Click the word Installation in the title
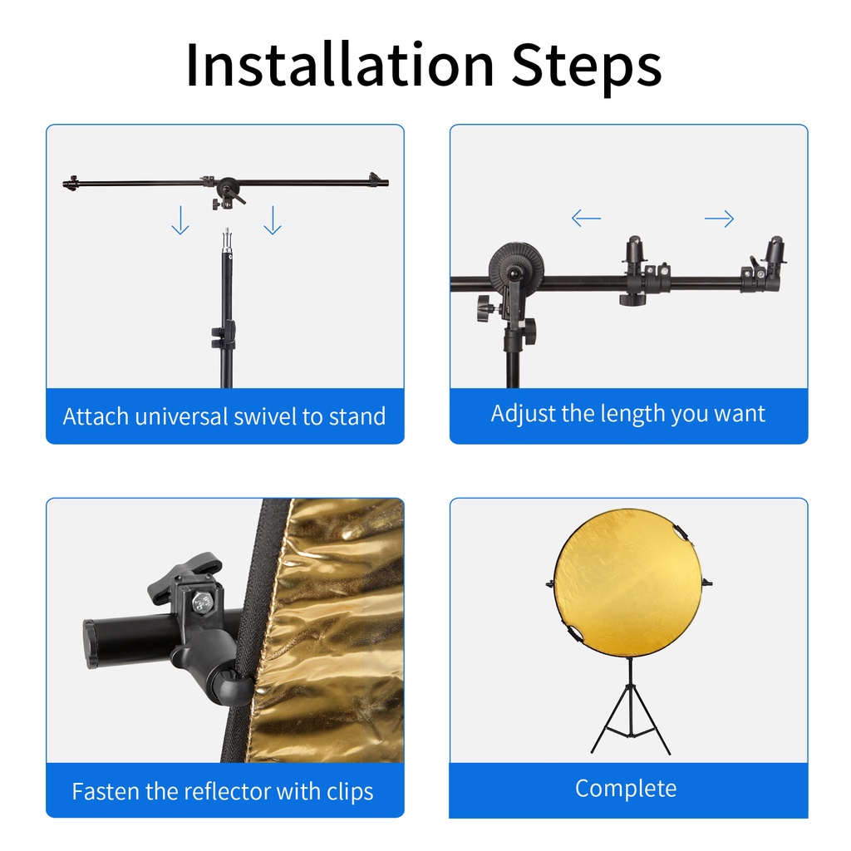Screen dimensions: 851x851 [x=339, y=65]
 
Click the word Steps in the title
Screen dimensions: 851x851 [x=587, y=69]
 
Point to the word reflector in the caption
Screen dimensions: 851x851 [x=228, y=791]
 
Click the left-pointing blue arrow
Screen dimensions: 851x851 [x=586, y=219]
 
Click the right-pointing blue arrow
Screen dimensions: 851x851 [x=719, y=219]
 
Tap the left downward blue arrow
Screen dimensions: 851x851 [x=180, y=219]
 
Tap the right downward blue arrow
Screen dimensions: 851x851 [x=273, y=219]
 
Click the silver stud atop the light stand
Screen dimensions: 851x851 [x=228, y=238]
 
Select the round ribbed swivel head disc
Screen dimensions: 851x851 [x=515, y=267]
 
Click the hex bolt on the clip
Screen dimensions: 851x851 [x=201, y=602]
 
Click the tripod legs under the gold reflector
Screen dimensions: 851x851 [x=631, y=716]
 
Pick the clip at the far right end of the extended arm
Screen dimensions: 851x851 [x=765, y=264]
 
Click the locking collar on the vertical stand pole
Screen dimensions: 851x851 [x=224, y=336]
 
